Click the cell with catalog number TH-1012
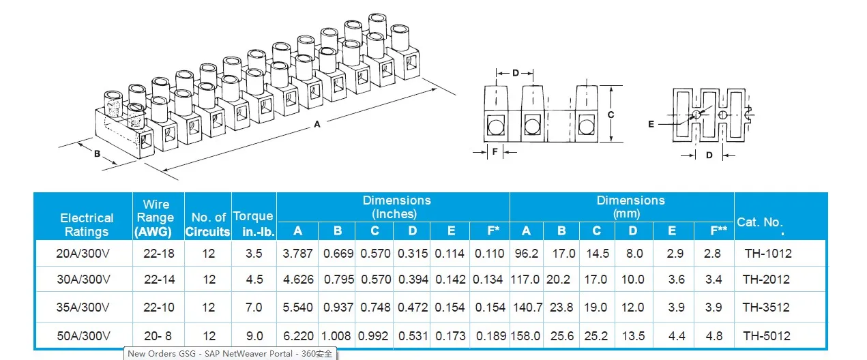pyautogui.click(x=767, y=253)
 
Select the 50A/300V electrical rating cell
pyautogui.click(x=83, y=335)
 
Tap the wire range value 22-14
pyautogui.click(x=159, y=280)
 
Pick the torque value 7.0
pyautogui.click(x=253, y=307)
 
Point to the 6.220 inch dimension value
pyautogui.click(x=297, y=335)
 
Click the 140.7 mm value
pyautogui.click(x=527, y=307)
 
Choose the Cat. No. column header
pyautogui.click(x=760, y=223)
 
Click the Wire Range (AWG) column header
pyautogui.click(x=156, y=217)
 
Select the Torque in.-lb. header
pyautogui.click(x=253, y=224)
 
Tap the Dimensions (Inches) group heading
pyautogui.click(x=396, y=207)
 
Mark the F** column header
pyautogui.click(x=719, y=231)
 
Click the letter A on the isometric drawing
pyautogui.click(x=317, y=124)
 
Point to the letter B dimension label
pyautogui.click(x=98, y=154)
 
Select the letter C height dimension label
pyautogui.click(x=611, y=115)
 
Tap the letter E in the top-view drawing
pyautogui.click(x=651, y=124)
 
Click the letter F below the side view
pyautogui.click(x=495, y=152)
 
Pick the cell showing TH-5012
pyautogui.click(x=767, y=335)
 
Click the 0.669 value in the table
pyautogui.click(x=338, y=253)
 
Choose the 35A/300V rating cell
pyautogui.click(x=83, y=307)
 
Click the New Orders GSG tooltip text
pyautogui.click(x=231, y=354)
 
